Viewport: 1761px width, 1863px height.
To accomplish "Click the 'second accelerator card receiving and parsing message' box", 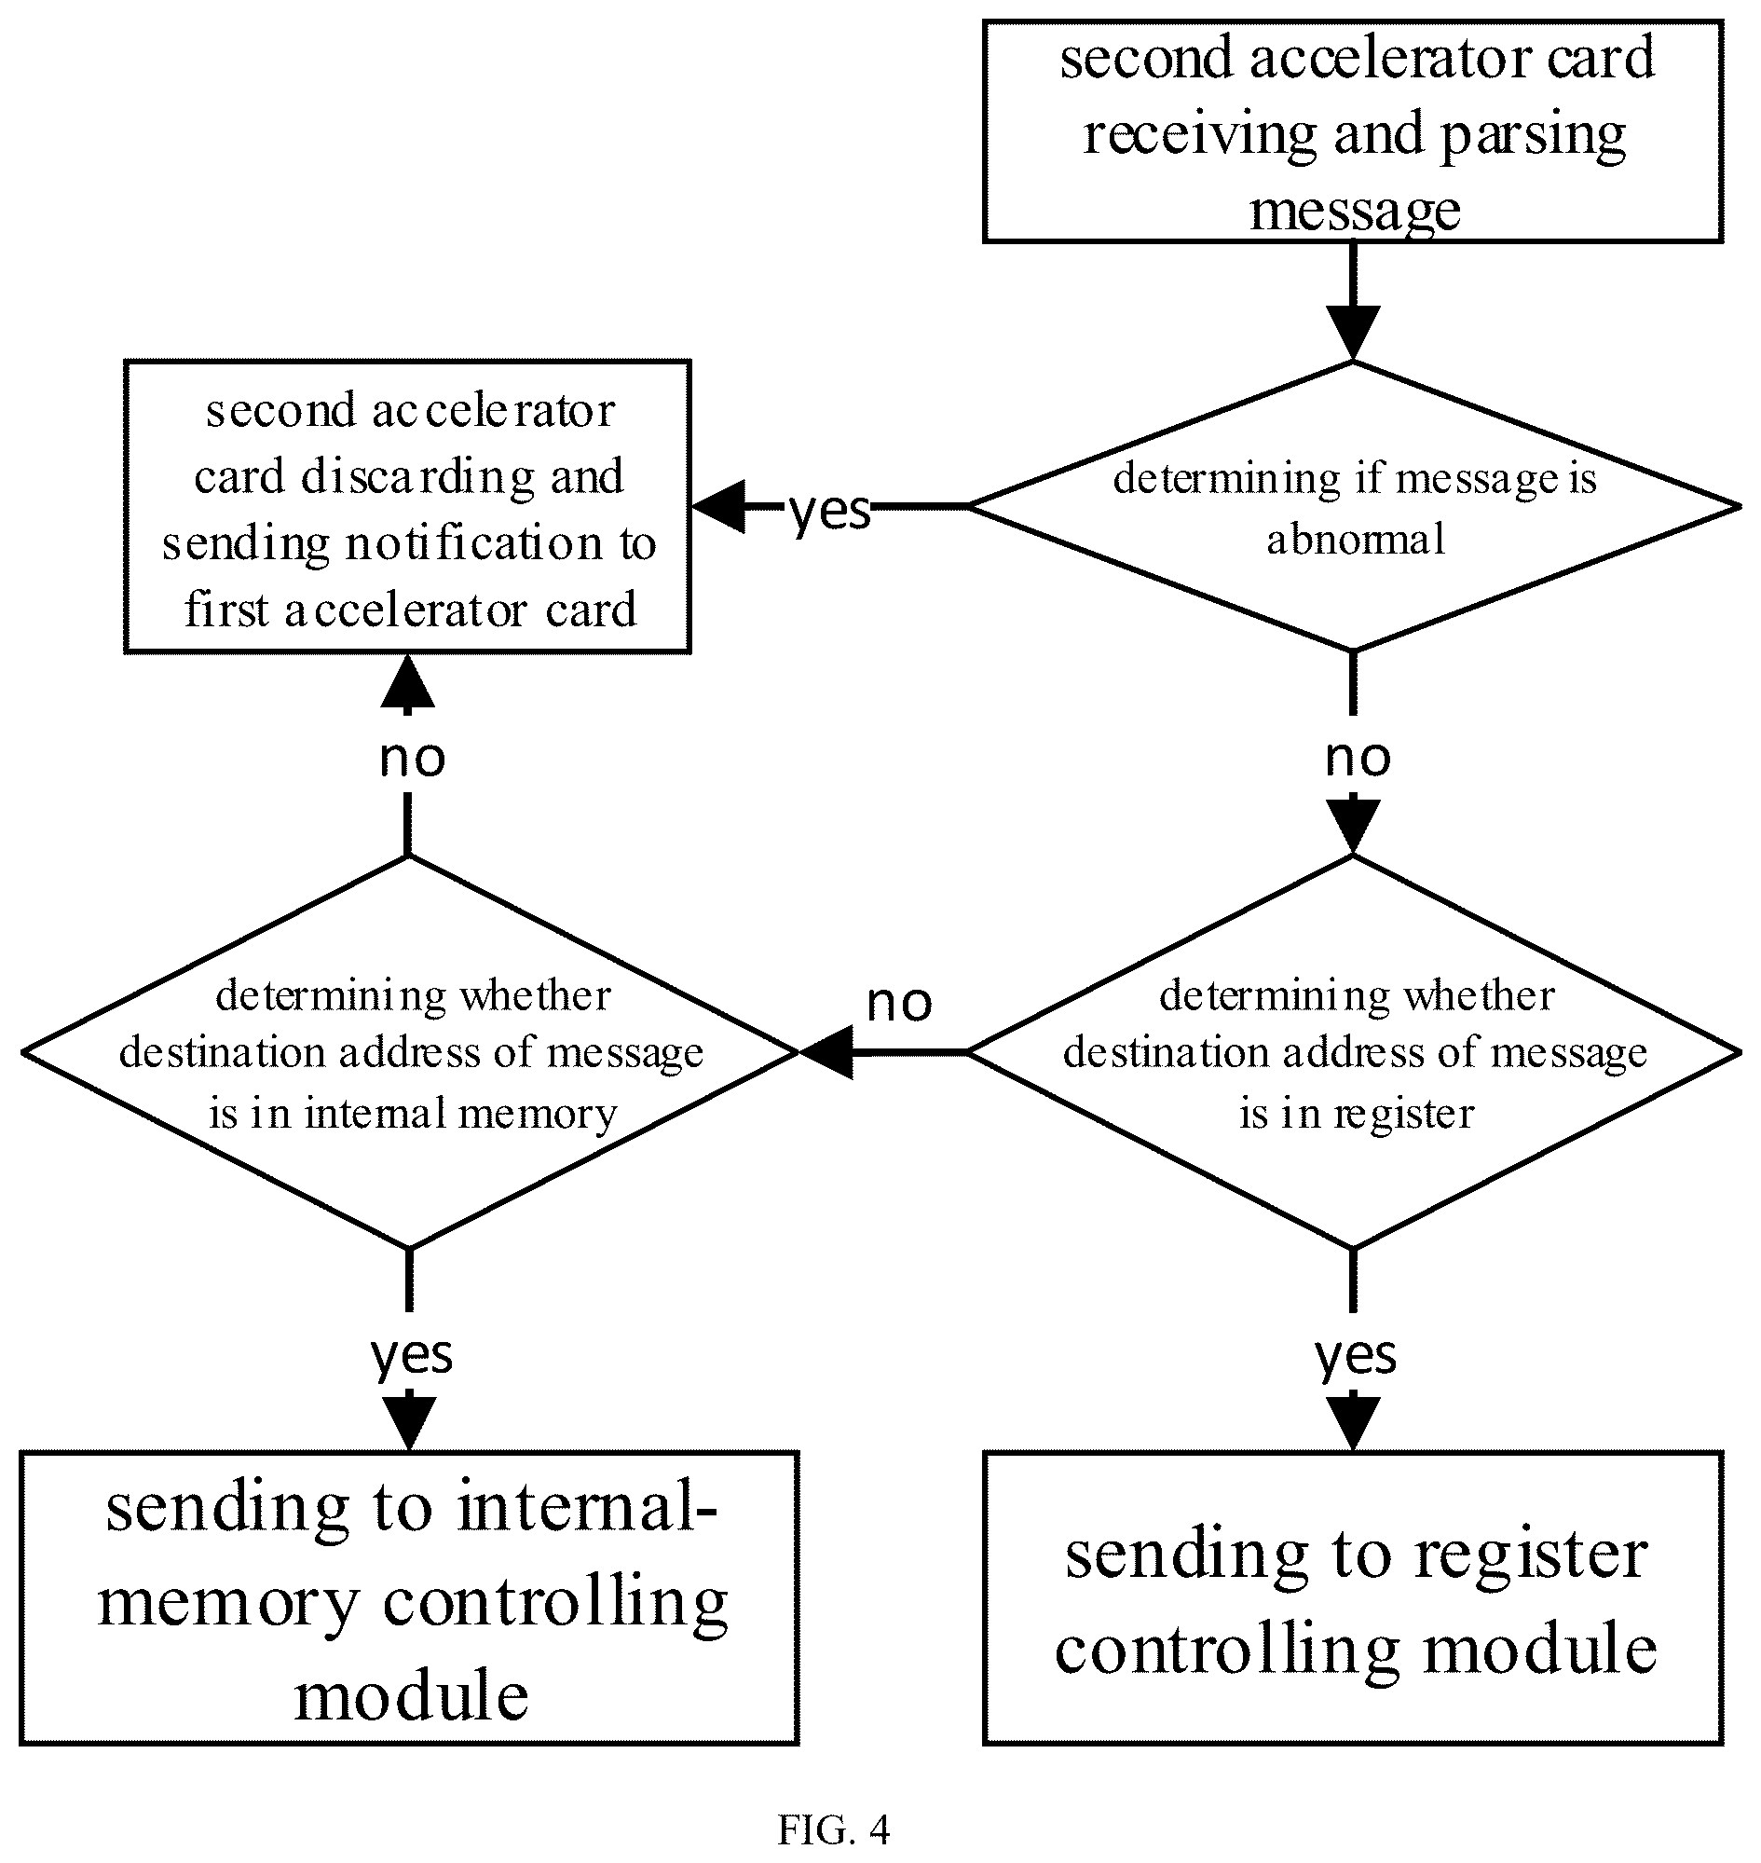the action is click(x=1353, y=131).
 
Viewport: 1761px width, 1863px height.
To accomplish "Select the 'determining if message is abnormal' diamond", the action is click(x=1353, y=506).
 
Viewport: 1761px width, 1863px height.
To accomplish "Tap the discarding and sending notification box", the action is click(x=407, y=506).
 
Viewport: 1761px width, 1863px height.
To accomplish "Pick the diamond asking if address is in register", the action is click(x=1353, y=1052).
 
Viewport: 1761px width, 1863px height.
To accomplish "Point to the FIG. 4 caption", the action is click(x=834, y=1829).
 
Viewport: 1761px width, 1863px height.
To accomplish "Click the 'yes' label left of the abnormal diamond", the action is click(x=830, y=512).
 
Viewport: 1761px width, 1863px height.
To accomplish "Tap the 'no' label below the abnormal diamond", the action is click(x=1358, y=758).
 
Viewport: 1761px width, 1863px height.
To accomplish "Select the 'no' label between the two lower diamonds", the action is click(x=899, y=1004).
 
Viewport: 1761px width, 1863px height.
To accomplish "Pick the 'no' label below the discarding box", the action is click(x=412, y=758).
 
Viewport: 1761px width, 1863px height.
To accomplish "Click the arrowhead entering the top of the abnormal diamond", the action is click(x=1353, y=333).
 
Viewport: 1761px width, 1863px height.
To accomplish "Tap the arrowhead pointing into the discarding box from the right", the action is click(x=719, y=506).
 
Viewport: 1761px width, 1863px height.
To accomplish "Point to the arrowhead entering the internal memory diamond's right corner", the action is click(x=826, y=1052).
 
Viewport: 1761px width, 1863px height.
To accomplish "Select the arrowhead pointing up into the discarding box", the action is click(x=407, y=680).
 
